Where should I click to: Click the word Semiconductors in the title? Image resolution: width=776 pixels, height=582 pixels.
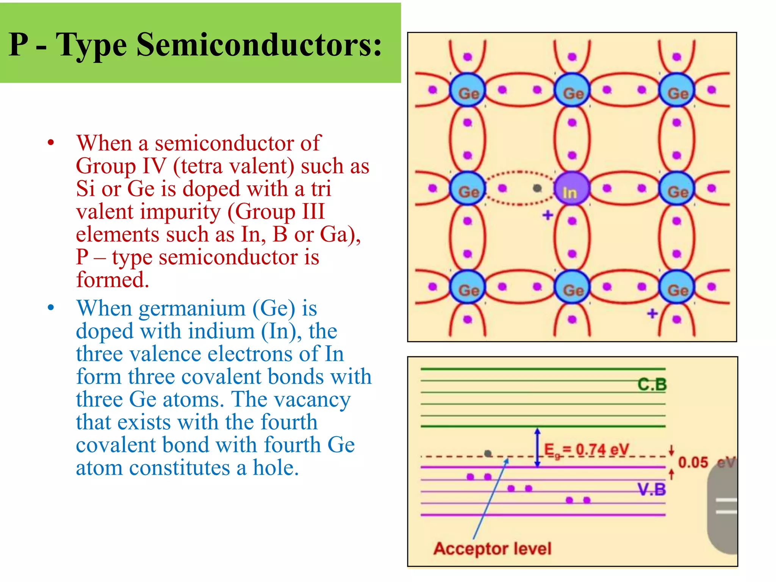tap(259, 45)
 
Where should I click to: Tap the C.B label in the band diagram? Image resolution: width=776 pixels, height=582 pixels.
tap(652, 384)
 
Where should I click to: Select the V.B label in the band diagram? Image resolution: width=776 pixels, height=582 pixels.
tap(651, 490)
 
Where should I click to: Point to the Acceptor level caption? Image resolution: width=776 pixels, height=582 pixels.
tap(492, 548)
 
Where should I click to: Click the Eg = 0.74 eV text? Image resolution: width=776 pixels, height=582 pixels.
tap(586, 450)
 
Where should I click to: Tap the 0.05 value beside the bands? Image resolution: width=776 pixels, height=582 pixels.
tap(693, 462)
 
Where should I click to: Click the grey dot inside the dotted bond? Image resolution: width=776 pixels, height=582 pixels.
tap(537, 188)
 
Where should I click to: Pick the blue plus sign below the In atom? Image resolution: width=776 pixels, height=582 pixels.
tap(548, 215)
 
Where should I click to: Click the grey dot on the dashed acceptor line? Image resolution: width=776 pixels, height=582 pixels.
tap(488, 453)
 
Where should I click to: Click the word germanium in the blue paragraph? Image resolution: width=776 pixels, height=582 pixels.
tap(192, 308)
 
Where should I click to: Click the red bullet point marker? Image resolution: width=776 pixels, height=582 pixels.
tap(51, 143)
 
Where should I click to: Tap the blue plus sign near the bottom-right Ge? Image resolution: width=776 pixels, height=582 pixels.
tap(652, 313)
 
